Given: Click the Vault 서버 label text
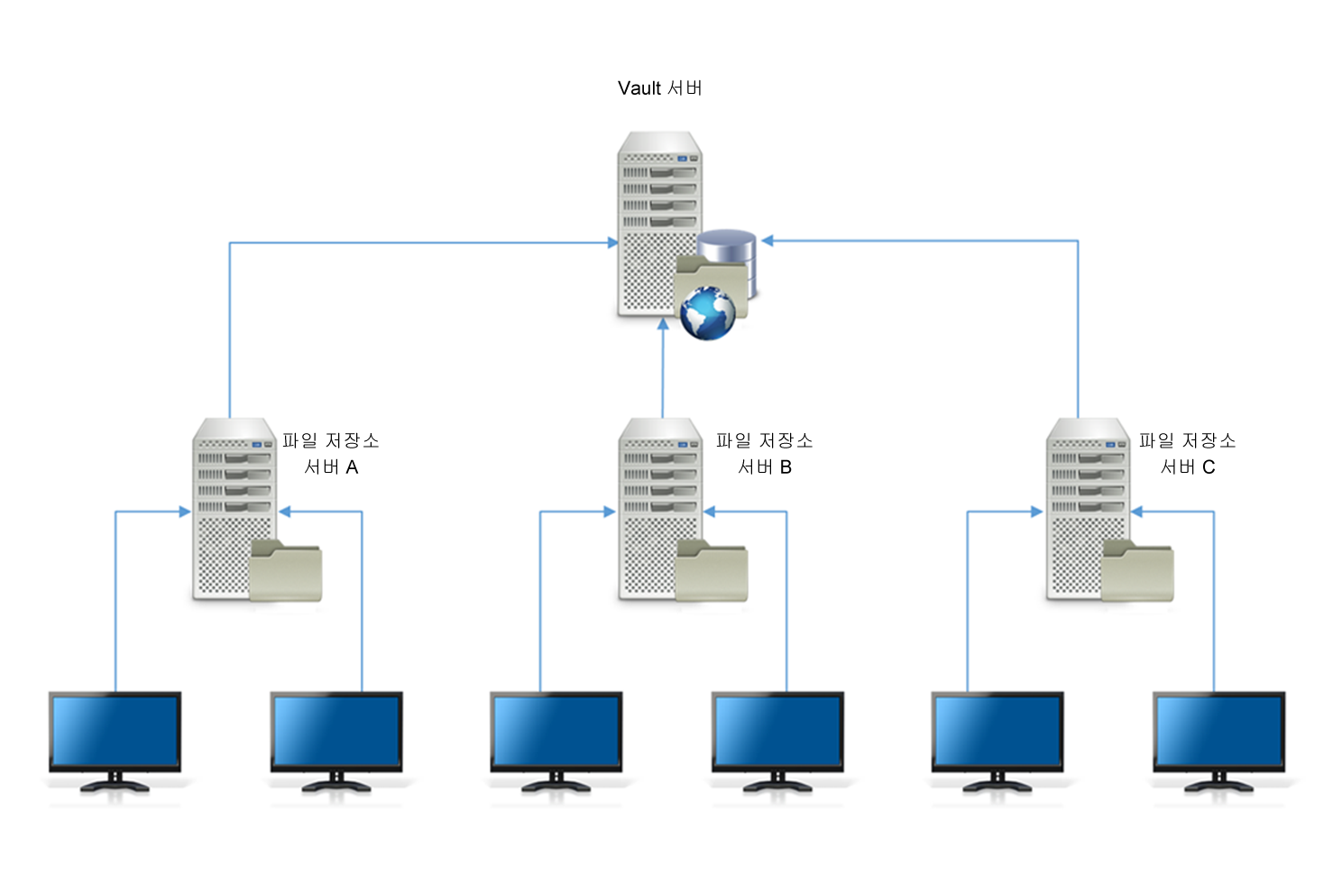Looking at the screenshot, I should tap(659, 88).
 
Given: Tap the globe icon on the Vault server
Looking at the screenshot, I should tap(708, 313).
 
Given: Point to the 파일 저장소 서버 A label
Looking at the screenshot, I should tap(331, 453).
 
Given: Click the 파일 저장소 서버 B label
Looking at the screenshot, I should tap(765, 453).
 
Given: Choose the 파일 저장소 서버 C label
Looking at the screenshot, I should tap(1188, 453).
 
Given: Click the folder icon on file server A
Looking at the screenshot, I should tap(286, 570).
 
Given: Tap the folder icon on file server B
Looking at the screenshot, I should tap(712, 570).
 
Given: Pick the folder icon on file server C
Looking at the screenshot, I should tap(1138, 570).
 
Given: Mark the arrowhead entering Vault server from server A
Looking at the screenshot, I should tap(612, 243).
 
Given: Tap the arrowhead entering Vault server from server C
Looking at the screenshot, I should tap(768, 241).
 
